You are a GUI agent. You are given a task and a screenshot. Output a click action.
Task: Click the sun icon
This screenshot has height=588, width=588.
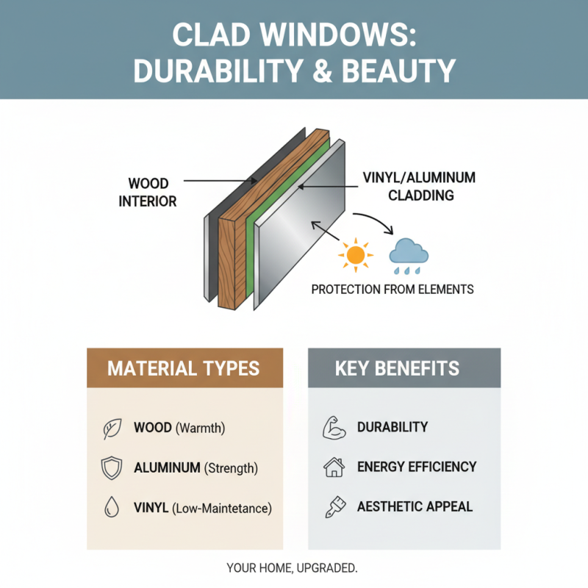click(355, 254)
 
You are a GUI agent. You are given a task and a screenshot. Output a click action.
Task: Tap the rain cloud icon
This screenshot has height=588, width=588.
click(409, 254)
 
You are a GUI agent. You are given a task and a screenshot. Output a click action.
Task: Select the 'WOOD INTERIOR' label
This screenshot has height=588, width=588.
click(148, 191)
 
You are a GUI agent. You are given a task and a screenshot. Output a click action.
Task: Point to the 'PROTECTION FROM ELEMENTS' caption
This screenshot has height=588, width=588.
click(392, 289)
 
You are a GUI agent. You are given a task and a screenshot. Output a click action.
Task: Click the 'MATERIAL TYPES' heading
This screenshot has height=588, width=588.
click(184, 368)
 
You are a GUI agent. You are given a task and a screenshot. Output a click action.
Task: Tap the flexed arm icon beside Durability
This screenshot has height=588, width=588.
click(334, 428)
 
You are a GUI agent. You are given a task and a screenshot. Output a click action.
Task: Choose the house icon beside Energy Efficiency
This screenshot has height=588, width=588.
click(334, 467)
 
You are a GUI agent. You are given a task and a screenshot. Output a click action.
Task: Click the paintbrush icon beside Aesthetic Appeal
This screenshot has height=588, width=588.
click(334, 506)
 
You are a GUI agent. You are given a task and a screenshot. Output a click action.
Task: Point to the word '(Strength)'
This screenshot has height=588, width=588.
click(232, 467)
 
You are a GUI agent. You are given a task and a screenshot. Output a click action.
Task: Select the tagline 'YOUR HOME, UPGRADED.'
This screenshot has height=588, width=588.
click(293, 568)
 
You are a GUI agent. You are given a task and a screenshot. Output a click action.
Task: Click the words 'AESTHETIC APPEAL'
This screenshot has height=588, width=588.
click(415, 506)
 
